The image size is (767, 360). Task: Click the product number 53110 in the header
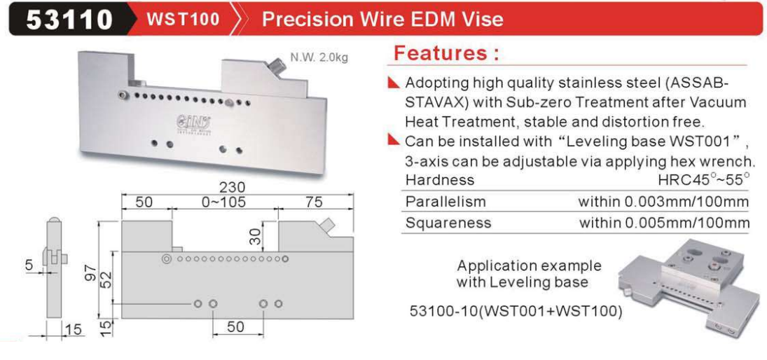click(x=69, y=19)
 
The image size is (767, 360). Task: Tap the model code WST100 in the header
click(x=183, y=19)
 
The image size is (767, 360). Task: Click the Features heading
click(x=446, y=53)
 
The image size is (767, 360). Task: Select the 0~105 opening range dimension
click(x=223, y=202)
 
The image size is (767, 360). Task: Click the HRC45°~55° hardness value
click(x=704, y=179)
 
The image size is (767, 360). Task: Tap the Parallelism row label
click(x=445, y=202)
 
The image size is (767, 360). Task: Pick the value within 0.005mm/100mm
click(x=664, y=223)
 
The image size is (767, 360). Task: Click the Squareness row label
click(x=448, y=223)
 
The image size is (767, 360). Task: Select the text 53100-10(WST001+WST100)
click(x=516, y=311)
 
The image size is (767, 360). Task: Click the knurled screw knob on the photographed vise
click(x=278, y=66)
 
